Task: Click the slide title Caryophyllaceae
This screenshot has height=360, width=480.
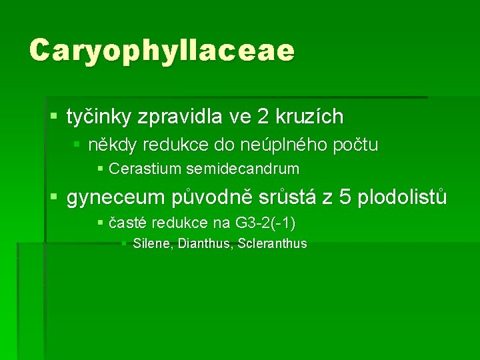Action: coord(161,51)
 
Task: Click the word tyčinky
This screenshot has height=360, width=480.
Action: coord(99,117)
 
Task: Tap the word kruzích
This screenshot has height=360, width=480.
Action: coord(313,117)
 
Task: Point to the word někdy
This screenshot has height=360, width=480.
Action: coord(111,145)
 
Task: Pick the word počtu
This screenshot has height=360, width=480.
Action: coord(355,145)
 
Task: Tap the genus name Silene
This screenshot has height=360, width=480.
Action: coord(153,244)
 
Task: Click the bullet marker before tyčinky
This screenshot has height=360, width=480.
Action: coord(54,117)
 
